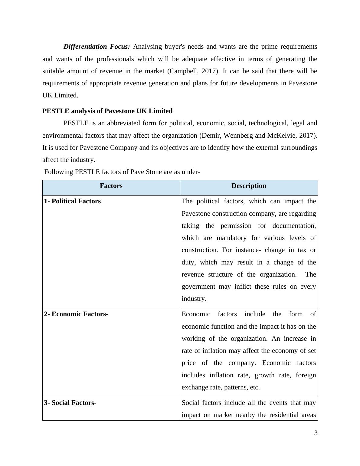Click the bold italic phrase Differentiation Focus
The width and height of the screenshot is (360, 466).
click(97, 47)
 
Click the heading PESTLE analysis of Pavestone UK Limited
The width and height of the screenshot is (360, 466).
click(107, 111)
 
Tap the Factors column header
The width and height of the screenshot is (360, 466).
click(111, 186)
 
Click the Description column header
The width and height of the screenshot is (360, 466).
click(249, 186)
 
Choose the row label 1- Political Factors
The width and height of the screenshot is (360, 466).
click(73, 201)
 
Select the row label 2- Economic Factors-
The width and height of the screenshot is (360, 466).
click(76, 314)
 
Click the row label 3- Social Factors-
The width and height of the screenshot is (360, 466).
click(70, 403)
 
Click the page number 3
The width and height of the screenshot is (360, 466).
click(316, 433)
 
